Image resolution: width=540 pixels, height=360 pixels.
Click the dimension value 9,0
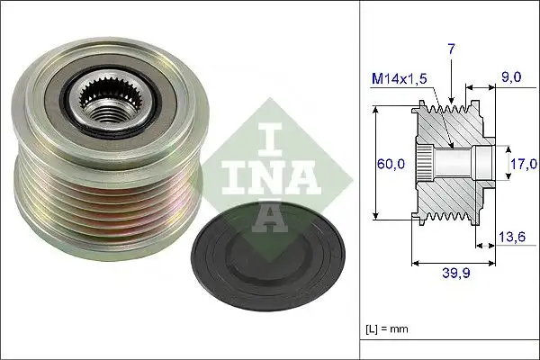511,78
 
